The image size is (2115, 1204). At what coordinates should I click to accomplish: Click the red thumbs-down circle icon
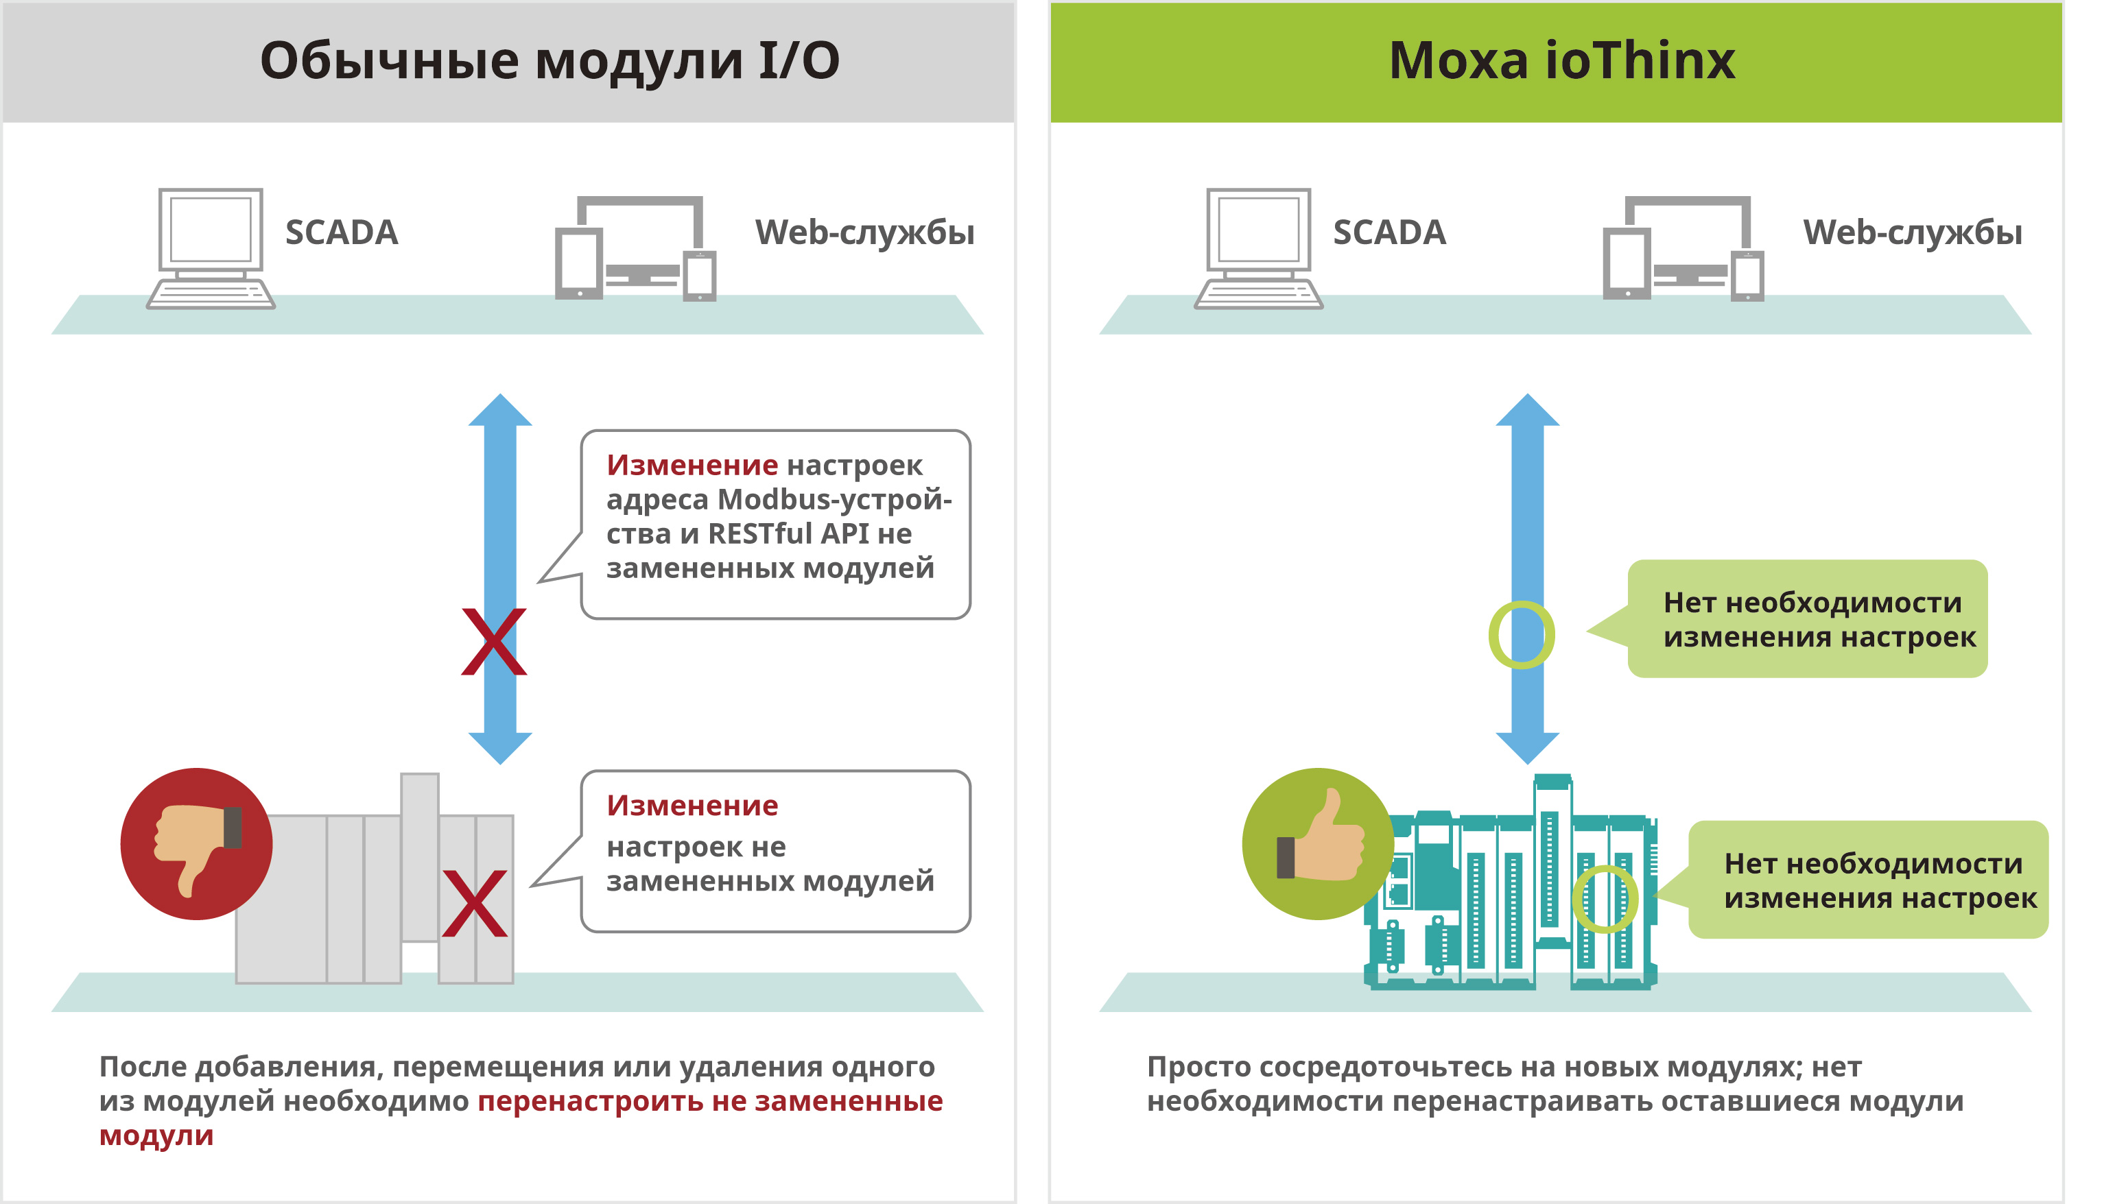click(x=196, y=843)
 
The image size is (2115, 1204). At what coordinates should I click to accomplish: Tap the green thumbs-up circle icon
click(x=1318, y=843)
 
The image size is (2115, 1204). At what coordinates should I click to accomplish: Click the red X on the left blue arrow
click(x=494, y=642)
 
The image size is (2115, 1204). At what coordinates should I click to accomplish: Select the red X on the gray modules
click(x=475, y=903)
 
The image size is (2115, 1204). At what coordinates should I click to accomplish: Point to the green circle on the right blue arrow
click(x=1521, y=634)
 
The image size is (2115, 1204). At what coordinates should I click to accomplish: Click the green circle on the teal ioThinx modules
click(x=1604, y=899)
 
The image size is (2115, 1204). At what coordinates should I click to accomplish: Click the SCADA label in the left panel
click(x=342, y=232)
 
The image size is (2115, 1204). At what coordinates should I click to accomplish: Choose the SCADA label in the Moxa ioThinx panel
click(x=1389, y=232)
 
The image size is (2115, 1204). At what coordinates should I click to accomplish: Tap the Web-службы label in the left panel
click(x=864, y=233)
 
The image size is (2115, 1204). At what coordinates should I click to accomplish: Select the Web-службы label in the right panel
click(x=1913, y=233)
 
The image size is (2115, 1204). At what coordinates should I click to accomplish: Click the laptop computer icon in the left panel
click(x=210, y=248)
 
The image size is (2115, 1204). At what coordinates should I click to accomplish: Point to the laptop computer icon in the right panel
click(x=1258, y=248)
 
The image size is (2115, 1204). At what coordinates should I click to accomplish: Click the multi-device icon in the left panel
click(x=635, y=248)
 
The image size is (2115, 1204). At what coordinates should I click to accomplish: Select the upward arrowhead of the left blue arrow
click(x=499, y=410)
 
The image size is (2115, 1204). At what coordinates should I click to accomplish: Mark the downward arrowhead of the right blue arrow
click(x=1527, y=747)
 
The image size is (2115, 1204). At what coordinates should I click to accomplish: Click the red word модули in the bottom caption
click(x=156, y=1136)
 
